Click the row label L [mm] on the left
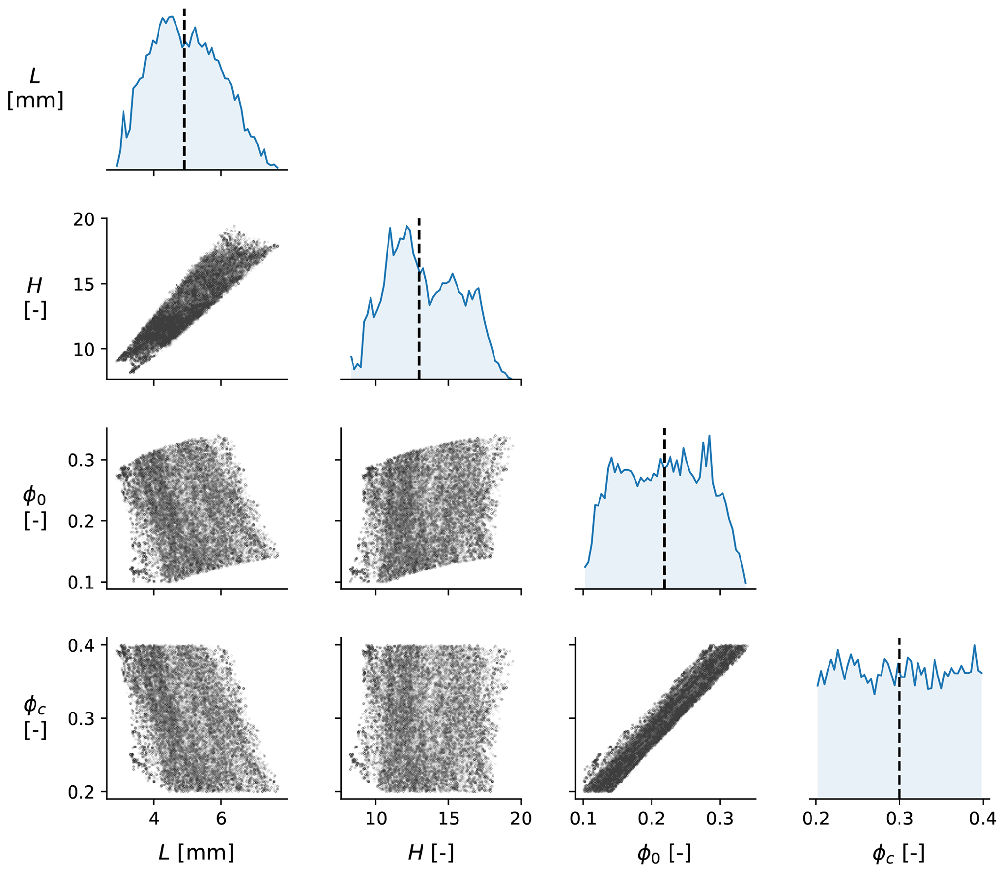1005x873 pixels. click(35, 88)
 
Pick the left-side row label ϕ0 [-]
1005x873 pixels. click(35, 507)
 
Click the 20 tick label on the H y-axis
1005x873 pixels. click(84, 220)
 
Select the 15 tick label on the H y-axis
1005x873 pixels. click(84, 285)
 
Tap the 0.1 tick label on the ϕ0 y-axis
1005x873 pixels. click(80, 582)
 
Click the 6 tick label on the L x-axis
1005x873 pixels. click(221, 819)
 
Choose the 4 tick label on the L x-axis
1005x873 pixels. click(154, 819)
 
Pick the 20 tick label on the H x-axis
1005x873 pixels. click(521, 819)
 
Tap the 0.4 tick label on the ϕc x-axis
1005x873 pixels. click(982, 819)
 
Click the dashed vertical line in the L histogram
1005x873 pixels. click(184, 97)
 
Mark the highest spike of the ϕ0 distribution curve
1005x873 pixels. click(709, 435)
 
